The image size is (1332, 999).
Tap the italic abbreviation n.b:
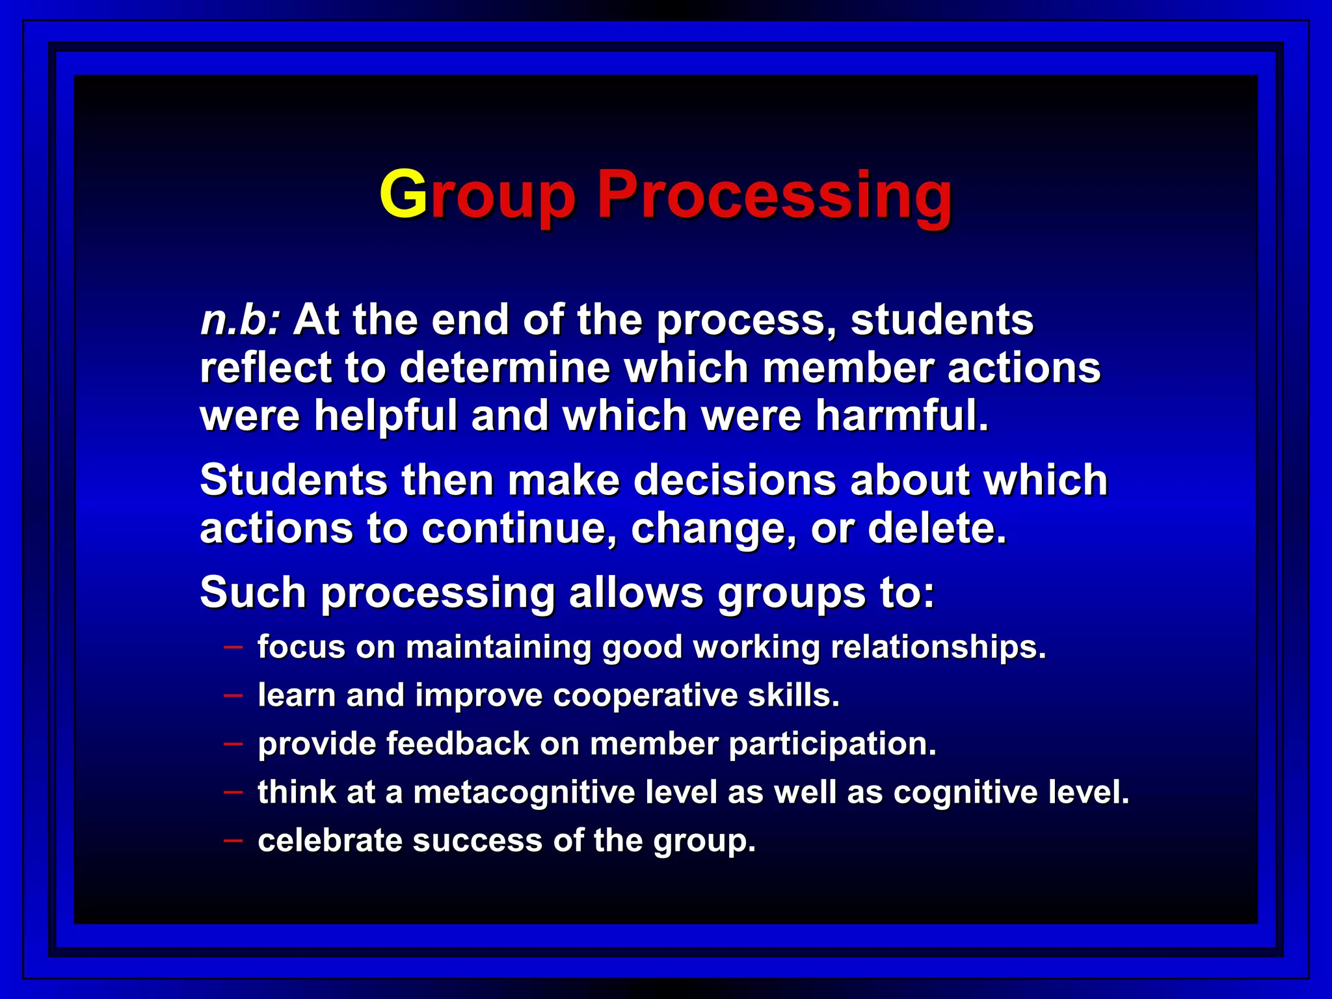click(240, 320)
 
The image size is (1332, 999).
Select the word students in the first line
click(942, 320)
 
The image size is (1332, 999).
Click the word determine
click(505, 367)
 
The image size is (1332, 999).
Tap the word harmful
click(902, 416)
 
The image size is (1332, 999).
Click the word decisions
click(734, 480)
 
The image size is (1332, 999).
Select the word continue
click(518, 527)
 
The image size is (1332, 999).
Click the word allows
click(635, 593)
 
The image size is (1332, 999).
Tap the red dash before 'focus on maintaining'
click(233, 647)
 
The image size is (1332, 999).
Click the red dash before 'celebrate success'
click(233, 840)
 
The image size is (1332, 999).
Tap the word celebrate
click(330, 840)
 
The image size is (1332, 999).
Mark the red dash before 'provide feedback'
click(233, 743)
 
